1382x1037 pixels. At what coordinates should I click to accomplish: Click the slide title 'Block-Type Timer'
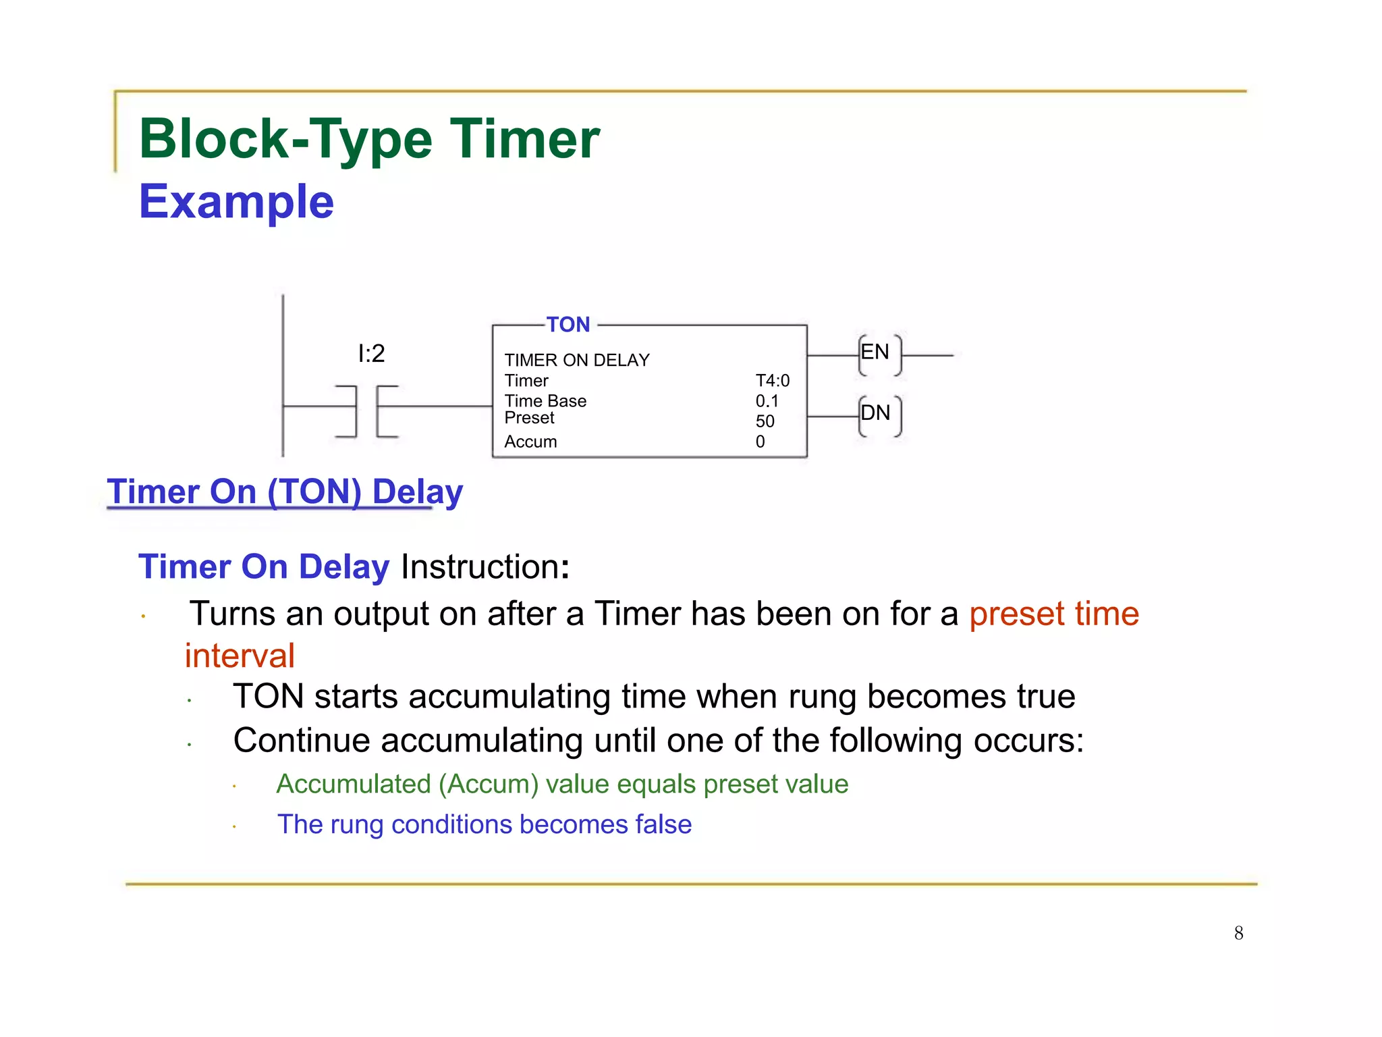(369, 139)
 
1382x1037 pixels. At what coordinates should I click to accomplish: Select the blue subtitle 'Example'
(236, 201)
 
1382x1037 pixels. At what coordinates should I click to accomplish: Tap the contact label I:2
(371, 353)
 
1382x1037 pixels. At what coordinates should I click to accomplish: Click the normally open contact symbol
(366, 411)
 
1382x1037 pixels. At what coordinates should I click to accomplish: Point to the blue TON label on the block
(568, 325)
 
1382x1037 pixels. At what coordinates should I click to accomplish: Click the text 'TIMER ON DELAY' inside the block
(577, 361)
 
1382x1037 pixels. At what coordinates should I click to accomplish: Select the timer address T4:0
(773, 381)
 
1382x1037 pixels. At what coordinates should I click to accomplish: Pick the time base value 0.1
(767, 401)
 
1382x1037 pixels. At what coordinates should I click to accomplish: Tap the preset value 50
(765, 421)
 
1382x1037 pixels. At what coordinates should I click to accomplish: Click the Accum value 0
(761, 442)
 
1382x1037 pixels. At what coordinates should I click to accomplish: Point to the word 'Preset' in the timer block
(530, 418)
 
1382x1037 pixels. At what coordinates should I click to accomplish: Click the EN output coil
(879, 354)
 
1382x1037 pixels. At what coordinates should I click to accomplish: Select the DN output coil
(879, 415)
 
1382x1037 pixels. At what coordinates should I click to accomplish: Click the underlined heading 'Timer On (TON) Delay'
(285, 491)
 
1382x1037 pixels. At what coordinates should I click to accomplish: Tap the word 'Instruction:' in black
(485, 566)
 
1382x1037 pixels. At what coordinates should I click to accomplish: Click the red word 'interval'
(240, 656)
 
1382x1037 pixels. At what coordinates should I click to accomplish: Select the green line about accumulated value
(562, 784)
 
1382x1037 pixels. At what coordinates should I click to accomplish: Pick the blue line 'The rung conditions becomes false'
(485, 824)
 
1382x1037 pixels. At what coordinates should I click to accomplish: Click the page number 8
(1239, 933)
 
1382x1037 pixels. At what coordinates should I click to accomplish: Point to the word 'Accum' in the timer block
(531, 442)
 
